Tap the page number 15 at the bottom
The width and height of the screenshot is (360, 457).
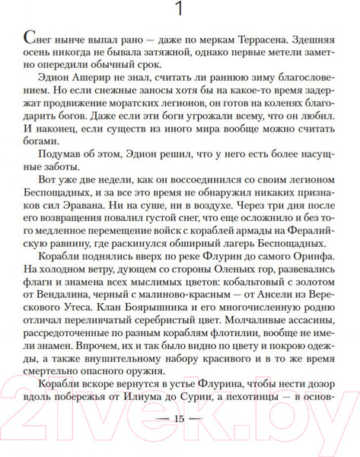pyautogui.click(x=180, y=441)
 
